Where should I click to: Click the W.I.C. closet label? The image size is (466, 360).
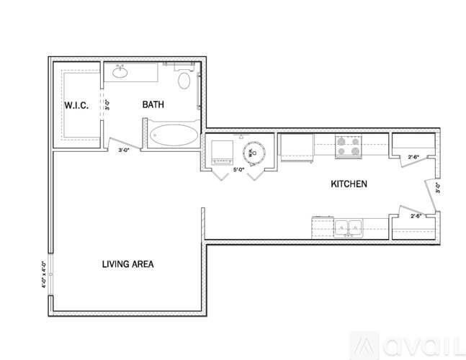(x=76, y=106)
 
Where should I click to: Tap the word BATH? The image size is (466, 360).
(x=153, y=105)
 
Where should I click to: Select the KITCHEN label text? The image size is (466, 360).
(x=349, y=184)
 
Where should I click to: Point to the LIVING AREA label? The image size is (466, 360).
(x=127, y=264)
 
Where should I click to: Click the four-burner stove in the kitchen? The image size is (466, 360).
(x=349, y=147)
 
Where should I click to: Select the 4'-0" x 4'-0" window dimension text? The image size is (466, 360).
(x=45, y=274)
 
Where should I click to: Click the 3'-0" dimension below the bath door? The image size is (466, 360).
(x=125, y=150)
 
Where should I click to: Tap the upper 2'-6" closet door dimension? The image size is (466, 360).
(x=414, y=156)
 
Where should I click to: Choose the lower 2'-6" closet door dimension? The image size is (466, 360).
(x=416, y=216)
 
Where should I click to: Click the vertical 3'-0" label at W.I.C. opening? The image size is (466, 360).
(x=107, y=105)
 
